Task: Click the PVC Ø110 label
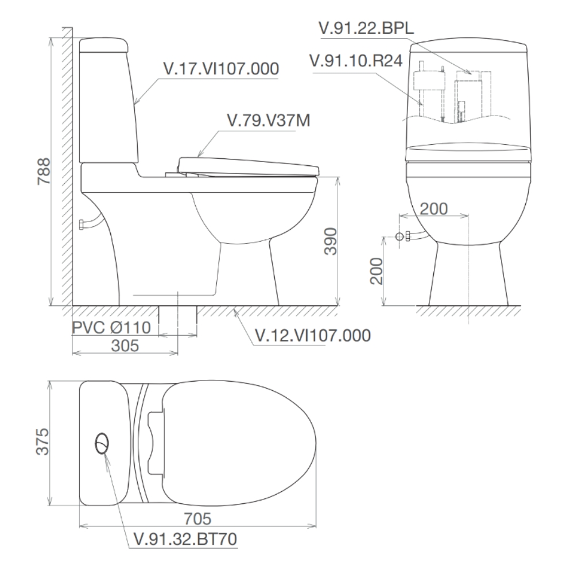[x=111, y=328]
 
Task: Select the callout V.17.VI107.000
[x=221, y=69]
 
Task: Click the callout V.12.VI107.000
[x=312, y=335]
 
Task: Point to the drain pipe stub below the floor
[x=178, y=315]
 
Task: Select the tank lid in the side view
[x=103, y=45]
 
